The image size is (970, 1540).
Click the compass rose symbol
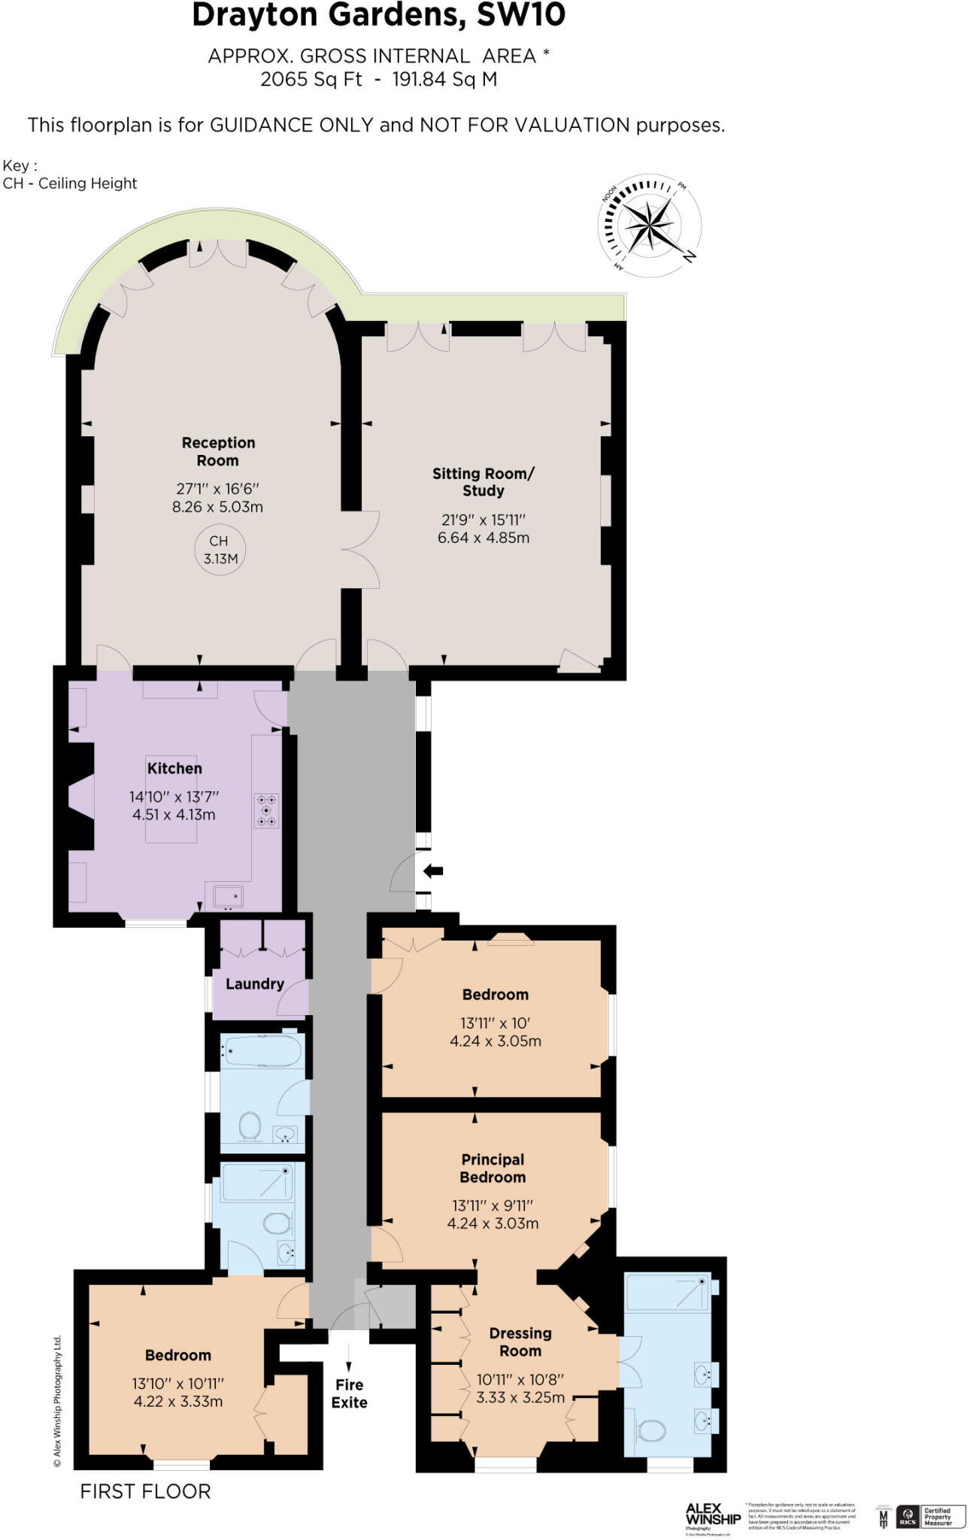point(648,225)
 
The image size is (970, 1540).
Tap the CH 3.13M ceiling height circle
point(220,550)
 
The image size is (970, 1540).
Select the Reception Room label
point(218,451)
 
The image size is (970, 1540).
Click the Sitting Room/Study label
point(483,482)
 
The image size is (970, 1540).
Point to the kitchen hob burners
point(266,811)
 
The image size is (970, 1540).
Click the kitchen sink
point(228,896)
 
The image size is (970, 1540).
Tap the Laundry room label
point(254,984)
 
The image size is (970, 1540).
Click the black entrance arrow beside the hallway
point(433,871)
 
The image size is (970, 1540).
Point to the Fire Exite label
point(350,1393)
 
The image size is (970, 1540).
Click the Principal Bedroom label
point(493,1168)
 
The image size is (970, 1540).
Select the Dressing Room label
point(520,1341)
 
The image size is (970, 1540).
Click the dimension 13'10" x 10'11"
point(178,1383)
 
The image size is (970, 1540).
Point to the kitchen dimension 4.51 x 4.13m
point(174,814)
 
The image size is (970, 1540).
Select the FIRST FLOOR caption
point(145,1491)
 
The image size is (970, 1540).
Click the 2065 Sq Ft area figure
point(311,79)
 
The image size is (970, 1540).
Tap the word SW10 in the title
point(521,15)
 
